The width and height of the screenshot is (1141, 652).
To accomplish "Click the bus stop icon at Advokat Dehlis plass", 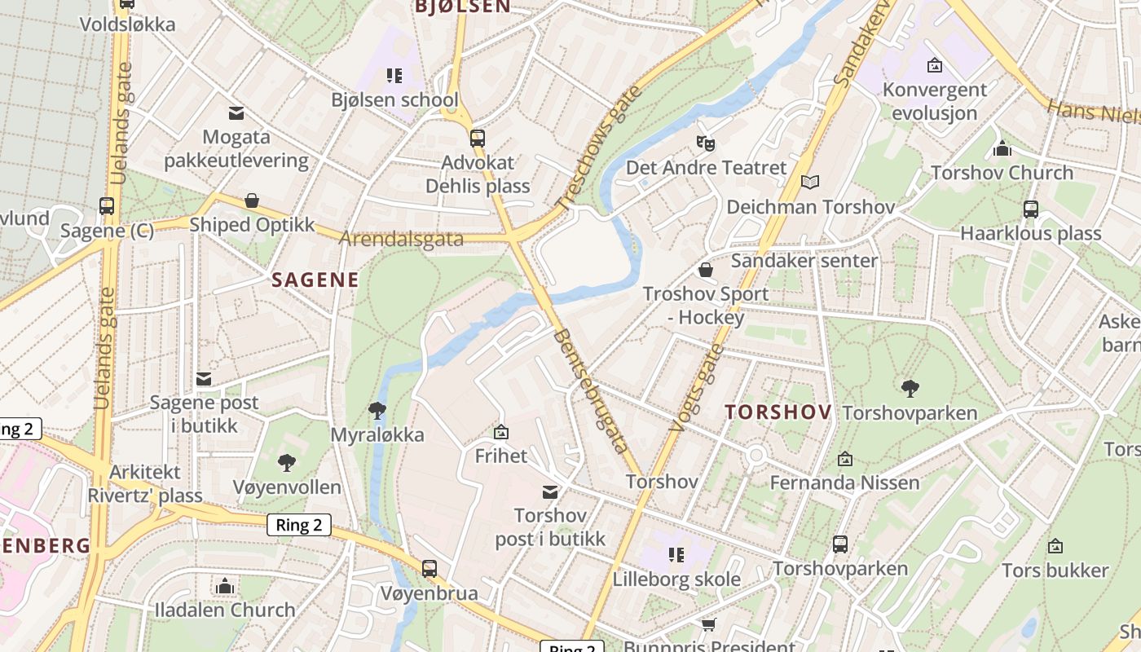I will click(478, 138).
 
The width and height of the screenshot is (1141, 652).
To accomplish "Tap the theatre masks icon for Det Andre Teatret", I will click(706, 143).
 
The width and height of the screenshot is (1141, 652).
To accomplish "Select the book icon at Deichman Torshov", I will click(809, 182).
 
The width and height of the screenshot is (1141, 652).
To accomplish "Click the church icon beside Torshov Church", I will click(1002, 148).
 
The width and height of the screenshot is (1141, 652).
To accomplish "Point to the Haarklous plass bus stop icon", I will click(1031, 209).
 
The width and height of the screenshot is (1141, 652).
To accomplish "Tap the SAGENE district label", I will click(315, 280).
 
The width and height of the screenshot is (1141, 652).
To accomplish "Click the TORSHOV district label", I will click(778, 412).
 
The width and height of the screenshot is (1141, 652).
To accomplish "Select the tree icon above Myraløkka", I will click(377, 410).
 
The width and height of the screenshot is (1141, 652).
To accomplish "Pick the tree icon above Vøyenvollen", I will click(287, 463).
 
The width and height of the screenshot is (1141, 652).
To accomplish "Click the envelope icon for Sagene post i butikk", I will click(204, 378).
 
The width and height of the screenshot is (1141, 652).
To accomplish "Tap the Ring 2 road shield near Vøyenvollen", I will click(299, 525).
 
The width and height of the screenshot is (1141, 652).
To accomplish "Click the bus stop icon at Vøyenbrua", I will click(430, 568).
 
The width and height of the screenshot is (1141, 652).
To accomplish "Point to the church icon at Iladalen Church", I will click(225, 586).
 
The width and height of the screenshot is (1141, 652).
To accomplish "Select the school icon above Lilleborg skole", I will click(676, 555).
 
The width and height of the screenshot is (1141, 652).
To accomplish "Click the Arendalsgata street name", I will click(401, 240).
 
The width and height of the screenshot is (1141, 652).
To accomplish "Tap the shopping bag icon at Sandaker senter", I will click(706, 269).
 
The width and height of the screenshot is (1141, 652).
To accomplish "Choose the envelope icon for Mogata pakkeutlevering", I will click(236, 112).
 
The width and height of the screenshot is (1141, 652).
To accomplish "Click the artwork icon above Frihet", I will click(501, 432).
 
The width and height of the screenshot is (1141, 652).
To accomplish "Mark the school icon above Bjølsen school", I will click(394, 76).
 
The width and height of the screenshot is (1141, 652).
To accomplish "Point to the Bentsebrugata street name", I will click(591, 391).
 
